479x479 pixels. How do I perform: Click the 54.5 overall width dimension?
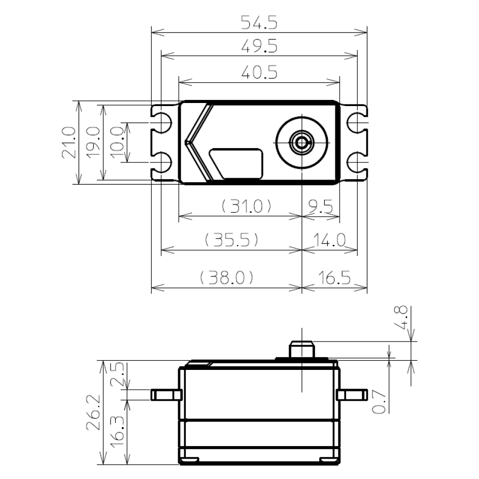click(259, 24)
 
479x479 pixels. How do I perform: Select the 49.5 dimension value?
click(259, 47)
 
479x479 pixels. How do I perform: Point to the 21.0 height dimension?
click(69, 143)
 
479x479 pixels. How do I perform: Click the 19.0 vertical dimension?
click(92, 143)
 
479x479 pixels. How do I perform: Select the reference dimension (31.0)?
click(246, 207)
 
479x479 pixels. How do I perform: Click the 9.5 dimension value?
click(320, 207)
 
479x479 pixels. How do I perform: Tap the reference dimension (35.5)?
click(231, 240)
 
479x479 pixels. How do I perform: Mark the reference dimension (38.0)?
click(226, 278)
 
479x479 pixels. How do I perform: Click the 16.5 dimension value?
click(335, 278)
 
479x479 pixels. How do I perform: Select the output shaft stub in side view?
click(301, 349)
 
